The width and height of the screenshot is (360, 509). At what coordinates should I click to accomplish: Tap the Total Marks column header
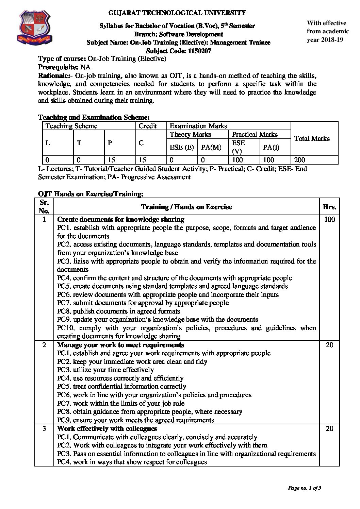click(x=312, y=138)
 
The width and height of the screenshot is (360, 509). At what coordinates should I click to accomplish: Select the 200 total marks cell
click(x=300, y=160)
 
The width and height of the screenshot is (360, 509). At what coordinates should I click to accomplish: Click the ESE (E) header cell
click(x=182, y=147)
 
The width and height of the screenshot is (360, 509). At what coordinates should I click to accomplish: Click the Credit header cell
click(x=148, y=126)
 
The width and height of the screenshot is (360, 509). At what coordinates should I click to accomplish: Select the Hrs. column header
click(x=329, y=206)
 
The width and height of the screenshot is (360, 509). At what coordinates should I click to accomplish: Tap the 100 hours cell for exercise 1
click(x=329, y=219)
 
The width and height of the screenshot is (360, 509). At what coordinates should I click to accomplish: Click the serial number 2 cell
click(x=44, y=345)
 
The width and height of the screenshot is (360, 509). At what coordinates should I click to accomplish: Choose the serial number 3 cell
click(x=44, y=428)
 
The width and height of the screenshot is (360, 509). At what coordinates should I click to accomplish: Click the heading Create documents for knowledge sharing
click(x=121, y=219)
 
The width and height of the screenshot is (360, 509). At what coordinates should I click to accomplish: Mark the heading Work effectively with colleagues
click(x=107, y=428)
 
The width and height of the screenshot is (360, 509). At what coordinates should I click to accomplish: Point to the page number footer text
click(x=305, y=488)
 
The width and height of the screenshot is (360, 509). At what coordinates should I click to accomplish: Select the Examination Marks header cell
click(x=198, y=126)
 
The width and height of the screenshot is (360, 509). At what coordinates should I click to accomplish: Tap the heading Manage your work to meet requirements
click(x=121, y=345)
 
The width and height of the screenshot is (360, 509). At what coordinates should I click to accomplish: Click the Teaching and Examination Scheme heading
click(x=94, y=117)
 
